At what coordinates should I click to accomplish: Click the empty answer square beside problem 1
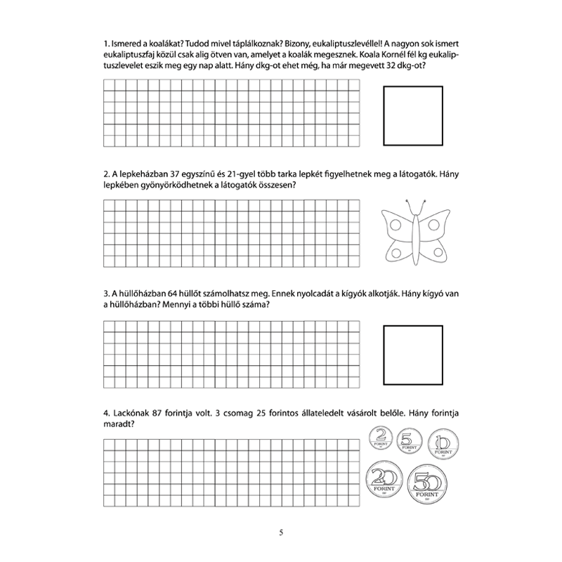[413, 114]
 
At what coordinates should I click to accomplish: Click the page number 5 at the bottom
[280, 531]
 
